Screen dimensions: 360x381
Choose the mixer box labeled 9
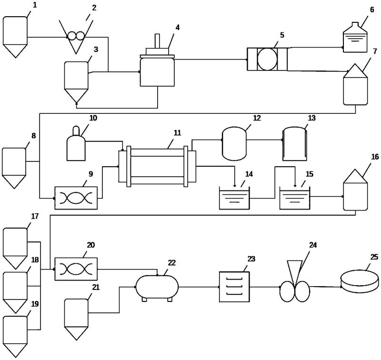[76, 198]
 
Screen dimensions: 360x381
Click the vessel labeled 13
[295, 144]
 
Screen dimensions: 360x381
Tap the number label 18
[35, 260]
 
